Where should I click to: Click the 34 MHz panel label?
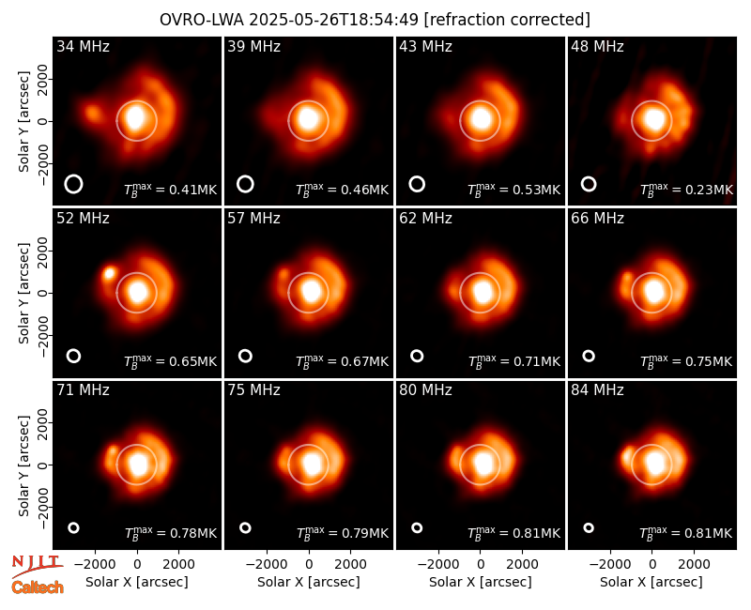[x=83, y=46]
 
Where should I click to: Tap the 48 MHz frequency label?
[x=597, y=46]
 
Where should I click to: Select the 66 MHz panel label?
[x=597, y=219]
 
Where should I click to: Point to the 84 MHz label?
[x=597, y=390]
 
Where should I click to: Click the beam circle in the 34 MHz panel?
[x=74, y=175]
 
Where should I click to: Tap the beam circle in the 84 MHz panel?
[x=589, y=524]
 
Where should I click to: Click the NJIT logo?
[x=37, y=565]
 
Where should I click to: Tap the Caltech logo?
[x=38, y=587]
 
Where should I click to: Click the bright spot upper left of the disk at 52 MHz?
[x=110, y=273]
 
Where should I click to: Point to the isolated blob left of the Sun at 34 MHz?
[x=93, y=114]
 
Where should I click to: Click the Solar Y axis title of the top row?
[x=23, y=122]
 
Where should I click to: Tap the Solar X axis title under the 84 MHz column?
[x=651, y=582]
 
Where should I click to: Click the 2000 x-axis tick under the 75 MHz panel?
[x=350, y=564]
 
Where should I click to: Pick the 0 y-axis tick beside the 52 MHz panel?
[x=43, y=293]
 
